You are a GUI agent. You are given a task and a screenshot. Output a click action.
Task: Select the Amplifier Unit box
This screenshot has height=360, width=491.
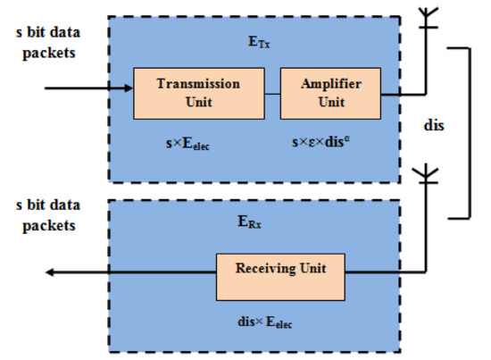319,92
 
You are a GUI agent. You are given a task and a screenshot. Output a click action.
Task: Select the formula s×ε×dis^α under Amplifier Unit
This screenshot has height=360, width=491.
318,141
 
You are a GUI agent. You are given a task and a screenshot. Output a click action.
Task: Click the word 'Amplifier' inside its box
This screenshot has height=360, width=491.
319,84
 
